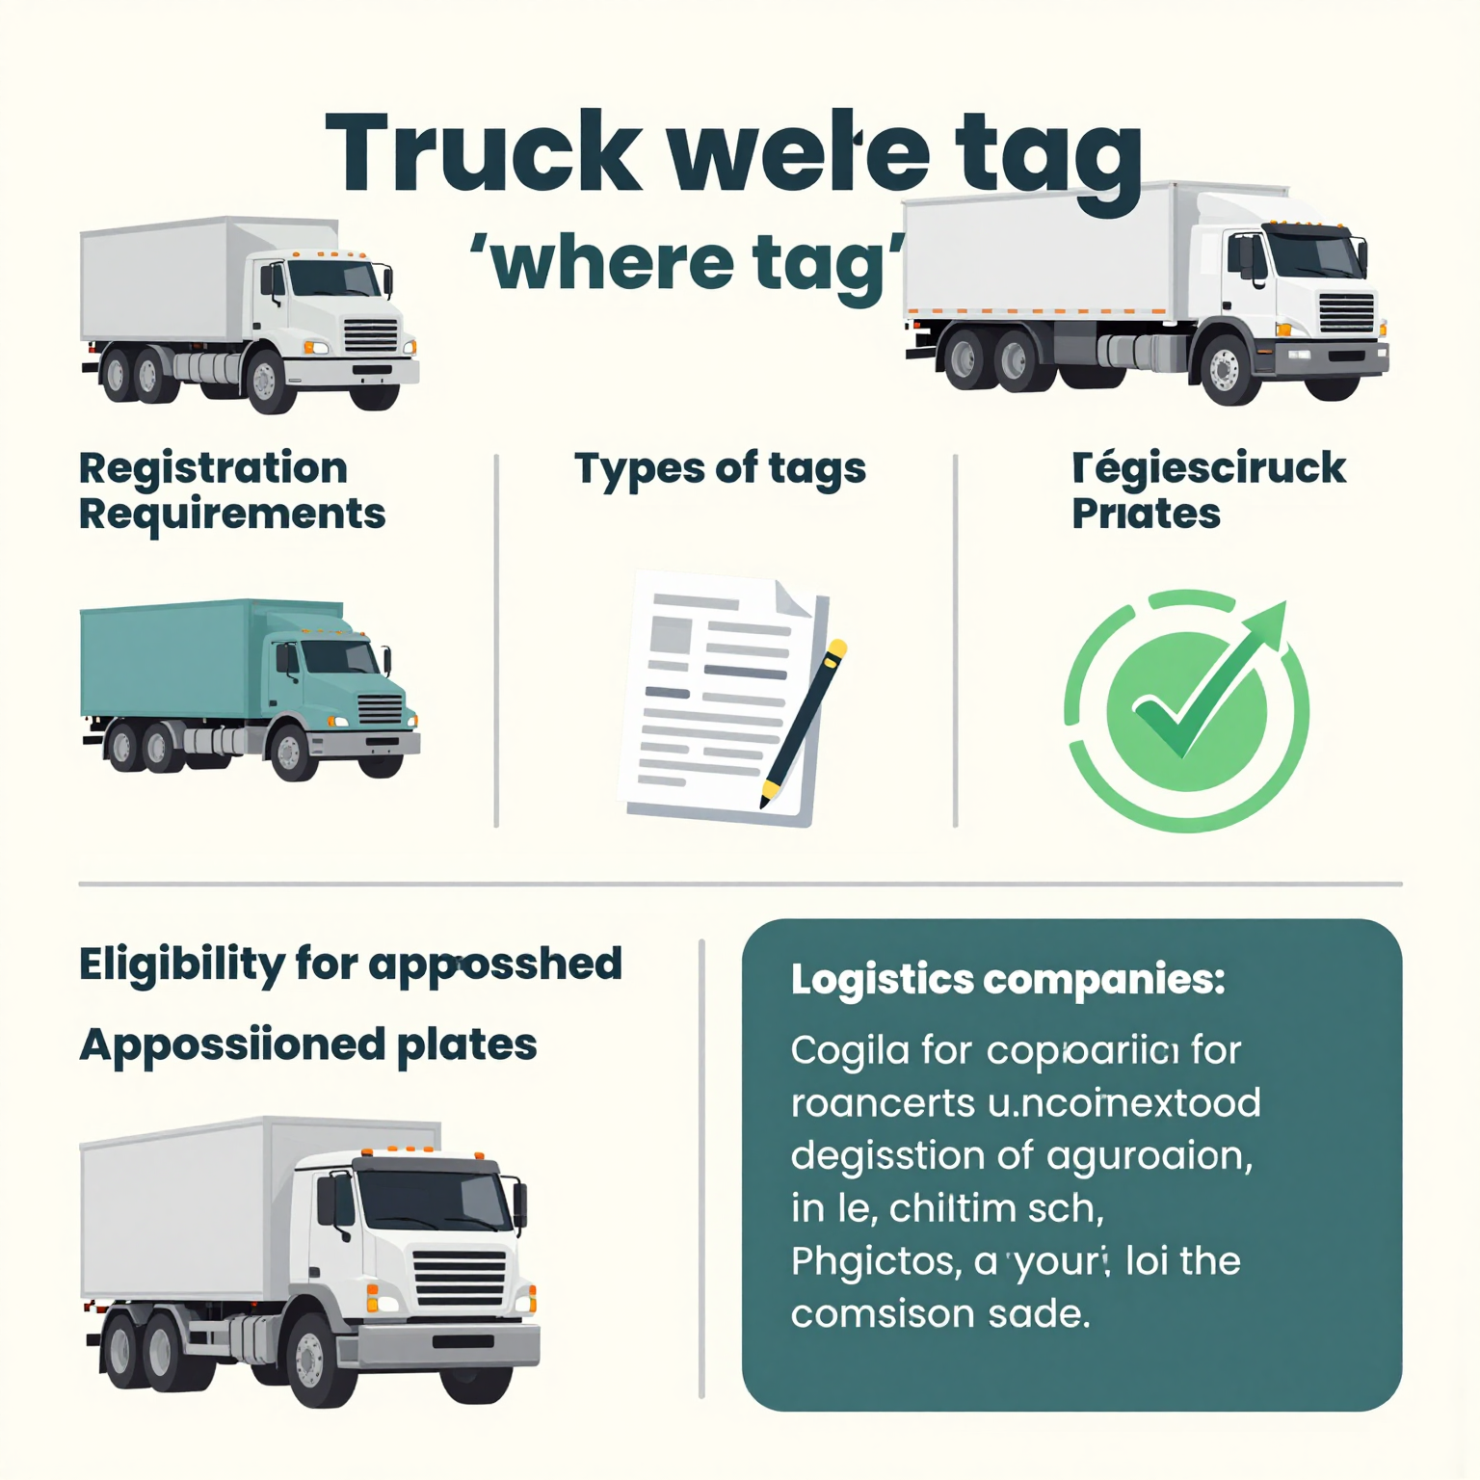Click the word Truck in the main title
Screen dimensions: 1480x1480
(482, 154)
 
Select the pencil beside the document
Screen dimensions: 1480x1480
(804, 723)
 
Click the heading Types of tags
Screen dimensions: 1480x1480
(720, 469)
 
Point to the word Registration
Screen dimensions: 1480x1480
(213, 469)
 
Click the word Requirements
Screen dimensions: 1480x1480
(231, 515)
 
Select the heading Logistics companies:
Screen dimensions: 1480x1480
(1007, 980)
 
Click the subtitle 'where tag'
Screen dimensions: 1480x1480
(688, 263)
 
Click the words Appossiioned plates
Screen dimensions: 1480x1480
(307, 1045)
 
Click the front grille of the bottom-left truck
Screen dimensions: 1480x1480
(459, 1277)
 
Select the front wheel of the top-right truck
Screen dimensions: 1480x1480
(1225, 368)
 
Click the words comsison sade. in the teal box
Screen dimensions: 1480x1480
(939, 1314)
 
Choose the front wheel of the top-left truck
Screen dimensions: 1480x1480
(265, 382)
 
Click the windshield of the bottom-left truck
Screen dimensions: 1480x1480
(433, 1200)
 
